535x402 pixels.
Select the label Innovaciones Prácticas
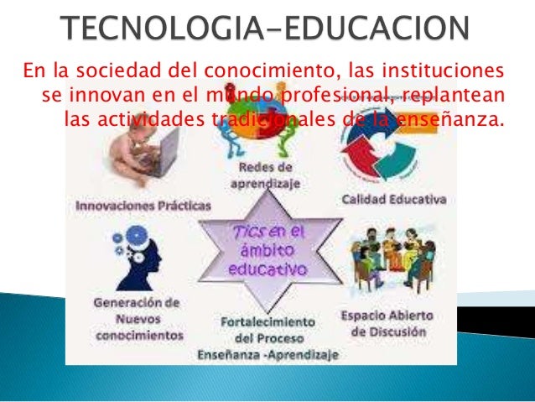(144, 204)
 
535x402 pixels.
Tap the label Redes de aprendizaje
(267, 175)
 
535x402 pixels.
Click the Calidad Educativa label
(393, 201)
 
